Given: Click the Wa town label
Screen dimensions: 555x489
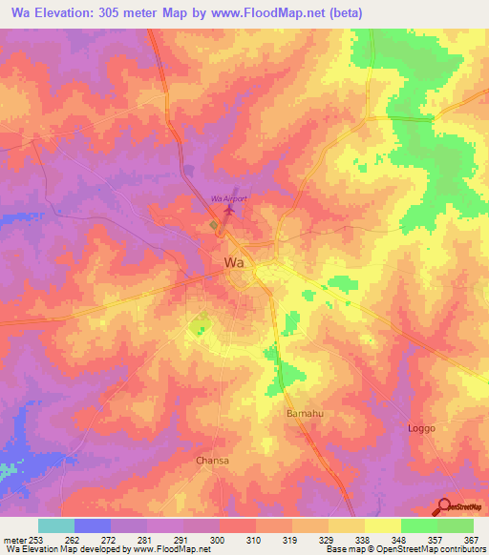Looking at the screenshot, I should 232,261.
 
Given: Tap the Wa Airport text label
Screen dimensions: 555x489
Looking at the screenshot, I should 229,198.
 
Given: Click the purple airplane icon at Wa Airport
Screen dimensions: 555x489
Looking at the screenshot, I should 227,209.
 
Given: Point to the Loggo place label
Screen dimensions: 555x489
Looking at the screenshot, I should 421,428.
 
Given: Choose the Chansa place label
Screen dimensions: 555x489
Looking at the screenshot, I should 212,461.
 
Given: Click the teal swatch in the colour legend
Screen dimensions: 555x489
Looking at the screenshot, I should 56,525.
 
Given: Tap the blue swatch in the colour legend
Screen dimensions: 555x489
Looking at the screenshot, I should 93,525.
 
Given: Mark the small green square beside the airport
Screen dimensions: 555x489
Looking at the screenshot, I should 213,225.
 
